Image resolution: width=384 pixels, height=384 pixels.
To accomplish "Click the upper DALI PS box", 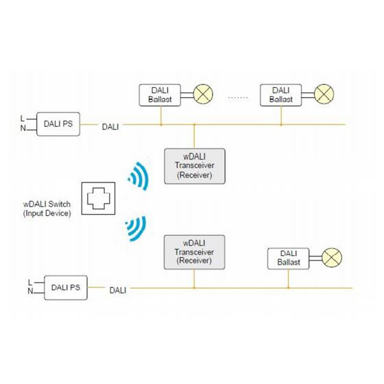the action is tap(58, 124).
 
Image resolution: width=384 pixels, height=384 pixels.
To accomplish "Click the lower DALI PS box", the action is tap(66, 287).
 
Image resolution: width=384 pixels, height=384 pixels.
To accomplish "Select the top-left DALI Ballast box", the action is tap(160, 95).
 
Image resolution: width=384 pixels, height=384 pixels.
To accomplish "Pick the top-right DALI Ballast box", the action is tap(281, 95).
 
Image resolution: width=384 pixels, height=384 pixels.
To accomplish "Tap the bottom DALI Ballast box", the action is tap(289, 259).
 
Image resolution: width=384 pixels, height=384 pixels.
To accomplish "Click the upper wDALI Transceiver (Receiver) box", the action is tap(195, 166).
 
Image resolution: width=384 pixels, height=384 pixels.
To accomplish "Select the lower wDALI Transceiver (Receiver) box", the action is tap(195, 252).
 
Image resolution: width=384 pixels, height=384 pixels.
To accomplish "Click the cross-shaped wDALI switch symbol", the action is tap(99, 198).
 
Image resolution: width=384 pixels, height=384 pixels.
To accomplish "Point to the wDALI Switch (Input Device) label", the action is tap(47, 208).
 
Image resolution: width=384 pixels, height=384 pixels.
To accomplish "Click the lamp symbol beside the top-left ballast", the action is tap(203, 94).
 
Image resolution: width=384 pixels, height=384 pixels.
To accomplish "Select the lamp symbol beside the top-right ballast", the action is tap(324, 94).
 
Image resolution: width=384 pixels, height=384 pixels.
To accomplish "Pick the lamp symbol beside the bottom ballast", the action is tap(332, 258).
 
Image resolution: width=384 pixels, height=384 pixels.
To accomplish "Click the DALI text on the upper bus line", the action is tap(110, 127).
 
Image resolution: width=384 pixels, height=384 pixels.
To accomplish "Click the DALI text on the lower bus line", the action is tap(118, 291).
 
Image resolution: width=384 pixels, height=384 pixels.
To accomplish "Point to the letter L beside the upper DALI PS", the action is tap(22, 119).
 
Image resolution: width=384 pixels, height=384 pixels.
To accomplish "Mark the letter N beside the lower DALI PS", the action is tap(30, 291).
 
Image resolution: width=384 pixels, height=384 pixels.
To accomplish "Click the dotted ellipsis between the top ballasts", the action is tap(238, 97).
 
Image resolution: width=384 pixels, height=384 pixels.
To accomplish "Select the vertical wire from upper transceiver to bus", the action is tap(194, 136).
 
